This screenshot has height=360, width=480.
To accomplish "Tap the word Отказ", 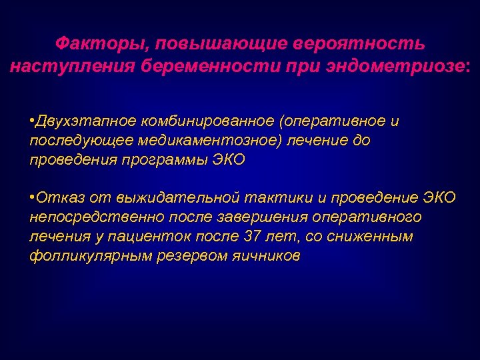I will point(55,198).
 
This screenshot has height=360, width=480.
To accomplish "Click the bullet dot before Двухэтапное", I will point(33,121).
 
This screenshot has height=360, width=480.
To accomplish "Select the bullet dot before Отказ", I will point(33,198).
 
